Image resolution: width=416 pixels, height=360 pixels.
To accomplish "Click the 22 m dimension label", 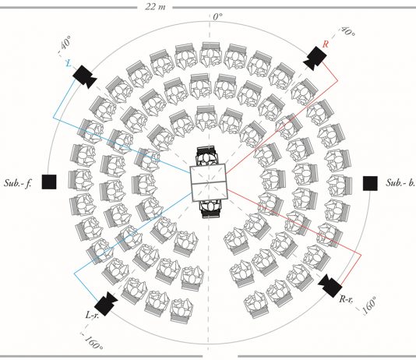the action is [155, 6].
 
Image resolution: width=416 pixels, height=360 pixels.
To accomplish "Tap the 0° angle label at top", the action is [217, 16].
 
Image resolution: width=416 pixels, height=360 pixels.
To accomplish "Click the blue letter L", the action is [69, 63].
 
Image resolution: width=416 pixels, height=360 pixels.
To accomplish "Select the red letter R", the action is [326, 44].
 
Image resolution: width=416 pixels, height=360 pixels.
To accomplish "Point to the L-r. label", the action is [92, 315].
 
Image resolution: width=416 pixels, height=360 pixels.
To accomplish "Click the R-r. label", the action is [346, 299].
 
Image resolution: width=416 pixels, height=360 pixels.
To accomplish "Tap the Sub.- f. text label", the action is [18, 183].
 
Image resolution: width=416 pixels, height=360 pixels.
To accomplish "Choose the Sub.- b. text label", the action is [400, 182].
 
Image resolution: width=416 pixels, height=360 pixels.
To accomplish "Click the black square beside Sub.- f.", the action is [49, 182].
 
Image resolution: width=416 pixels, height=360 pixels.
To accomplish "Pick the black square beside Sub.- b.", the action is [370, 183].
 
